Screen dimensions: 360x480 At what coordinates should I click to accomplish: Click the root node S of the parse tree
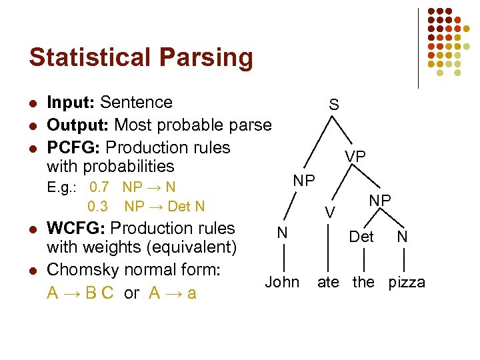[x=333, y=105]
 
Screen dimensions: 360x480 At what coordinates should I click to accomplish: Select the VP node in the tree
[x=355, y=156]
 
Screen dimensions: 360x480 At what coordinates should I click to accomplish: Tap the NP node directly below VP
[x=380, y=200]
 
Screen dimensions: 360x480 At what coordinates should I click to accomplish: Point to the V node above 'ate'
[x=329, y=212]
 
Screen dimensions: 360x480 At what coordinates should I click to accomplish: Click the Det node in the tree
[x=361, y=236]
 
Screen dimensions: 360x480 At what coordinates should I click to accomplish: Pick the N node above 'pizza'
[x=401, y=236]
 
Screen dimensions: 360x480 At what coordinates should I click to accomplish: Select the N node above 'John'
[x=283, y=233]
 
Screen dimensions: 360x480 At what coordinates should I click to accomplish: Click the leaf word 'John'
[x=282, y=282]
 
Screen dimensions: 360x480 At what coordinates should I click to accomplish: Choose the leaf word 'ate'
[x=328, y=282]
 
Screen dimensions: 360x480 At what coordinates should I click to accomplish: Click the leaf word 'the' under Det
[x=363, y=282]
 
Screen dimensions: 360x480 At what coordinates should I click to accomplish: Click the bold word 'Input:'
[x=71, y=103]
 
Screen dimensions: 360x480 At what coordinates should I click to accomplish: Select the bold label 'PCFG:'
[x=74, y=147]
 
